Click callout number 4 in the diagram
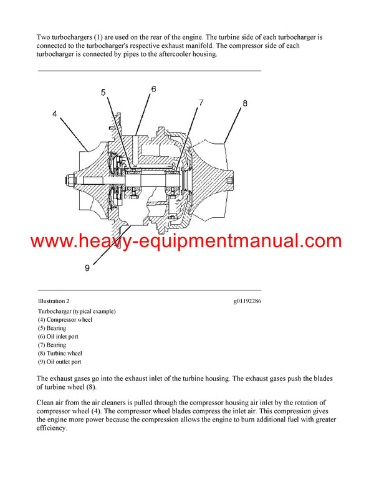[x=55, y=114]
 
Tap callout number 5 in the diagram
[x=103, y=93]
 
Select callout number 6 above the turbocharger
[x=153, y=89]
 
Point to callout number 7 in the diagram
[x=201, y=101]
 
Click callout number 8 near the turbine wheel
[x=244, y=103]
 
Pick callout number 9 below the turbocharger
[x=87, y=268]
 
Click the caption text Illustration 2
[x=54, y=301]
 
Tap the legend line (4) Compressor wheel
[x=65, y=319]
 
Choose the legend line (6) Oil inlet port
[x=58, y=336]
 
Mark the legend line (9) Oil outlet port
[x=59, y=362]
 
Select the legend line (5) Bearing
[x=52, y=328]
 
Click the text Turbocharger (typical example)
[x=77, y=311]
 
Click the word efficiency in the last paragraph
[x=53, y=429]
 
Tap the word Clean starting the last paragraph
[x=47, y=403]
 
